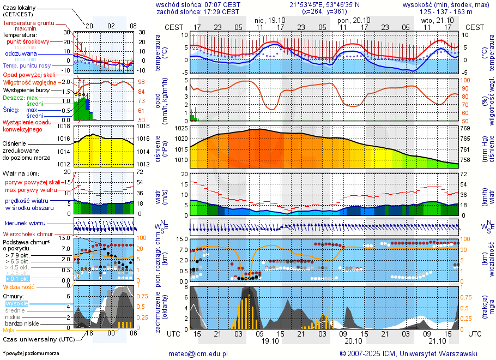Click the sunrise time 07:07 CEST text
[220, 4]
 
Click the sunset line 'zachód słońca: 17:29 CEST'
[197, 11]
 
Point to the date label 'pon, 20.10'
[354, 20]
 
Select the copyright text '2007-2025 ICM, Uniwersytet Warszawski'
[413, 353]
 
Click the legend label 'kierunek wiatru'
[25, 224]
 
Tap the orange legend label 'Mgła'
[9, 330]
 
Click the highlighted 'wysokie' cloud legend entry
[16, 303]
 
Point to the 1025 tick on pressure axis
[180, 128]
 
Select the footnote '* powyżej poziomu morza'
[31, 353]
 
